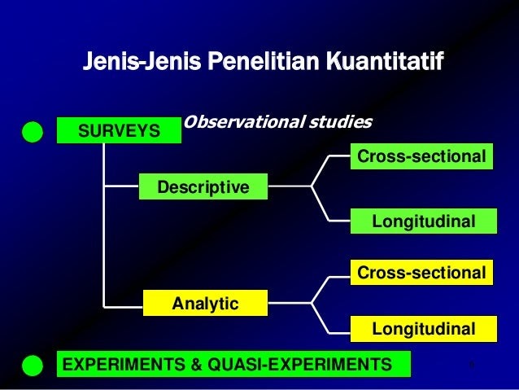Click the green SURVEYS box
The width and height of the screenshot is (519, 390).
(x=119, y=130)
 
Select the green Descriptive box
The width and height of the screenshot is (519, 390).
(x=203, y=186)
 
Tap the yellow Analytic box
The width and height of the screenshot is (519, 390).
(x=205, y=303)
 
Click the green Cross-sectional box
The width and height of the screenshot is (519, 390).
(x=421, y=156)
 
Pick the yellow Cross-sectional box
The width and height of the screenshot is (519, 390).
(x=421, y=273)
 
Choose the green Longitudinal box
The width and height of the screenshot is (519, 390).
(x=424, y=221)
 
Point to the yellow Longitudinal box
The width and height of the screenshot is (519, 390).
(x=424, y=329)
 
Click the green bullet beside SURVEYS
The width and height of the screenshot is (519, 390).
(x=33, y=132)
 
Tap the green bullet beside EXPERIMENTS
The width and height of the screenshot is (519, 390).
(x=33, y=366)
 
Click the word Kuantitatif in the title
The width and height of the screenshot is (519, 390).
(x=385, y=60)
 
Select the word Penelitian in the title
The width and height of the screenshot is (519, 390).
(x=263, y=60)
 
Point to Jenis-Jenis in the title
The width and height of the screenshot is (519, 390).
(x=142, y=60)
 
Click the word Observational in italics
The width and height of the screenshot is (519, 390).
(x=243, y=122)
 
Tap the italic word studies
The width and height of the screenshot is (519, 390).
(x=341, y=122)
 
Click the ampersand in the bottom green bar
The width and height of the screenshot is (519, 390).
(x=196, y=364)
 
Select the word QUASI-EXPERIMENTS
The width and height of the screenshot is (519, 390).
(x=299, y=364)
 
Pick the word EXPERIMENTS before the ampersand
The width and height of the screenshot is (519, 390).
(x=124, y=364)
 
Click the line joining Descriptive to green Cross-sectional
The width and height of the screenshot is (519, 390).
(x=320, y=171)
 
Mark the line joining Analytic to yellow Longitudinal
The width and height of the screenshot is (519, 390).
(x=320, y=318)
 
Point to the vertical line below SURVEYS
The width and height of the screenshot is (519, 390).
(x=103, y=226)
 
